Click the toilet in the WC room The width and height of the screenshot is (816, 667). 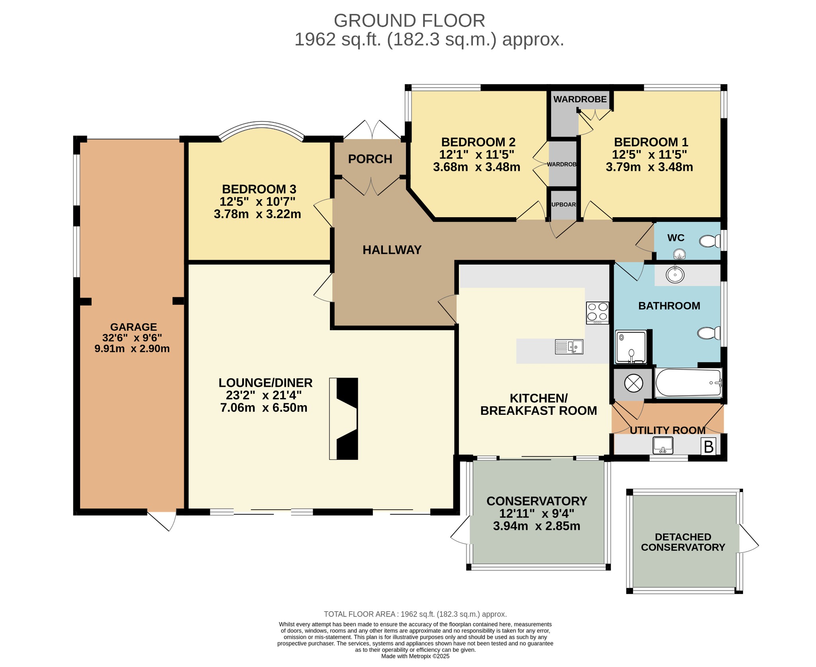710,241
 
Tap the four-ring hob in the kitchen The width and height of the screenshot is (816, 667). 597,313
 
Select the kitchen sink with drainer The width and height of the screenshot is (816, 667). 569,347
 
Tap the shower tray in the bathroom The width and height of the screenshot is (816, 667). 631,347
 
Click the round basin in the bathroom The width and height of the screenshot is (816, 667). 675,275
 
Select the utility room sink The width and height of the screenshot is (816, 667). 663,445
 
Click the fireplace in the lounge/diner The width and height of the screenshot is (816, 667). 343,418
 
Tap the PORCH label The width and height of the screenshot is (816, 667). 370,159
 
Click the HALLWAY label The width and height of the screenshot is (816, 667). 392,250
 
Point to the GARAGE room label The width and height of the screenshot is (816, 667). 133,327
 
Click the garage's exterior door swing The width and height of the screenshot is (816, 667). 163,521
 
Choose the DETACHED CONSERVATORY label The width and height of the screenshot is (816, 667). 683,542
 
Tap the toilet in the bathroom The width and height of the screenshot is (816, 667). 708,333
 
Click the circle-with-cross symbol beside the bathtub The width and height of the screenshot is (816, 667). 634,383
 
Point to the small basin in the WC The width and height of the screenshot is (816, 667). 679,254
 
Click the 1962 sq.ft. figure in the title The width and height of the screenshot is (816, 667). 338,39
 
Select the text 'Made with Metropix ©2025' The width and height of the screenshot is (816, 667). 415,656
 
